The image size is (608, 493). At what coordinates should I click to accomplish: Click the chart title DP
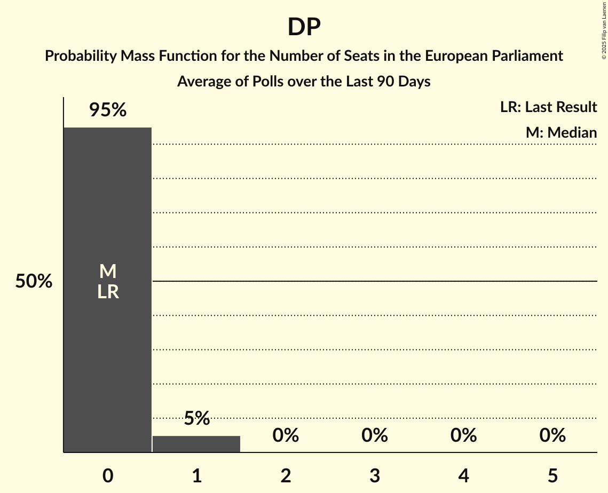tap(304, 27)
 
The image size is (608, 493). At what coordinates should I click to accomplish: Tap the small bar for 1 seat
tap(196, 444)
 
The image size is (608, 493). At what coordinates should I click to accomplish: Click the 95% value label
tap(108, 110)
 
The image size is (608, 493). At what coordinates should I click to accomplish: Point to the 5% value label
tap(196, 418)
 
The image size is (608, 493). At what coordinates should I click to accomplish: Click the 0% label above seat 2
tap(286, 435)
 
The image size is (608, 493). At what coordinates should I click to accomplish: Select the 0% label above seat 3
tap(375, 435)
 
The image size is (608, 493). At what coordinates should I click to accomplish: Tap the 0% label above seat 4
tap(463, 435)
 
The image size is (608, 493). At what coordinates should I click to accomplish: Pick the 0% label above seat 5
tap(552, 435)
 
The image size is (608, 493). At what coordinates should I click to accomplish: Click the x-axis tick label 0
tap(108, 475)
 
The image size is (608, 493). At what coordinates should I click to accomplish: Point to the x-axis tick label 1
tap(196, 475)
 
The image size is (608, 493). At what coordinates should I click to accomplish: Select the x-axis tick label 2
tap(286, 475)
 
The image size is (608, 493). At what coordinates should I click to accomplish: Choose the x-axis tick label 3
tap(375, 475)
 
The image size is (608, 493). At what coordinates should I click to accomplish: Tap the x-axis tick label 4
tap(463, 475)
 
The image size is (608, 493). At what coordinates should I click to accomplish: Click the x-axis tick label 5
tap(552, 475)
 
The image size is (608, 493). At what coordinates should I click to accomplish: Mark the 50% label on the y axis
tap(34, 281)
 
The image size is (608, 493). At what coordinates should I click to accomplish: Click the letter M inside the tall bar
tap(108, 272)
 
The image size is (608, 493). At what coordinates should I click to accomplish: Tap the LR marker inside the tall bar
tap(108, 292)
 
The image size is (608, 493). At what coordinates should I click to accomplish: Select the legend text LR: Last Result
tap(548, 107)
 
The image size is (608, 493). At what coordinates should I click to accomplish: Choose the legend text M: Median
tap(561, 132)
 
